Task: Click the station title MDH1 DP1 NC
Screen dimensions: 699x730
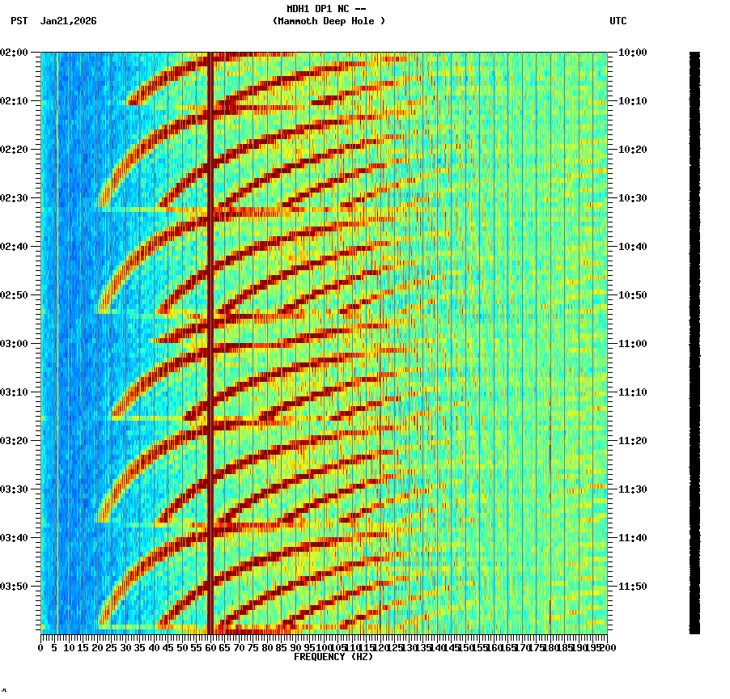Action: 327,9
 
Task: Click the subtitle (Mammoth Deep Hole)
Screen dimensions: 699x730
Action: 329,21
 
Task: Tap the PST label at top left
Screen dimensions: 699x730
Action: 19,21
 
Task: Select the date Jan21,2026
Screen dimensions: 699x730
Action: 69,21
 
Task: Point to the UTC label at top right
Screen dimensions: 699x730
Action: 618,21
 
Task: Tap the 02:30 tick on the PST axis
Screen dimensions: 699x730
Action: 15,198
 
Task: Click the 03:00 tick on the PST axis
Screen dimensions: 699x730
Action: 15,344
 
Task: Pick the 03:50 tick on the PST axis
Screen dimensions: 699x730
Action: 15,587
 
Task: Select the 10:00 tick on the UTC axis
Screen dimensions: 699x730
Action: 632,53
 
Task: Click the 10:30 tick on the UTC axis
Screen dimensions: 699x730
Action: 632,198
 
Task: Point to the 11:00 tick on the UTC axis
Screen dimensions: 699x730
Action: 632,344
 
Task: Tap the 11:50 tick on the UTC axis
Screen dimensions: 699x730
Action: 632,587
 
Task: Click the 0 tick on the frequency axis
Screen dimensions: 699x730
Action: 41,648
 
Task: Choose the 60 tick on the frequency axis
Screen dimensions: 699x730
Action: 210,648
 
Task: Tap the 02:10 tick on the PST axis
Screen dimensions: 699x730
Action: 15,101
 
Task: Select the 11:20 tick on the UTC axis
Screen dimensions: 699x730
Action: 632,441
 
